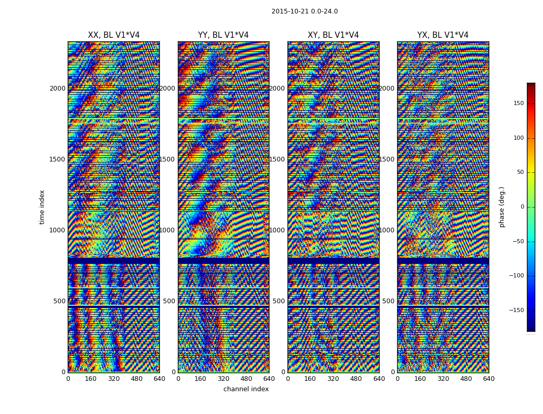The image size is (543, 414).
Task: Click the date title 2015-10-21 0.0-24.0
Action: point(305,11)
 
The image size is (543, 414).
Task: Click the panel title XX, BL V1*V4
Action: point(114,35)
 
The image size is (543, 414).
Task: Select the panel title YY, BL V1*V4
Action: point(223,35)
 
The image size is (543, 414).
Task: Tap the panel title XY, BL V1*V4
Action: point(333,35)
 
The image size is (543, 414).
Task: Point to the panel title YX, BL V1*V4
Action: point(443,35)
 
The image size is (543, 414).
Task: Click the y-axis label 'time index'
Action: point(42,207)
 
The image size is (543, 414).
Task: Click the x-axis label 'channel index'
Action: point(246,389)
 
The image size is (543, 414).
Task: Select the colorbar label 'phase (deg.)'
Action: point(502,207)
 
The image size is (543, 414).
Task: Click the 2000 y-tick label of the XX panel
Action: point(57,88)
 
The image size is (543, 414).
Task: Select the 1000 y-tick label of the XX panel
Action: point(57,230)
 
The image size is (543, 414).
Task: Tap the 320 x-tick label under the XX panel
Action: point(114,379)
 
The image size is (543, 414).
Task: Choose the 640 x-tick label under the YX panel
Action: point(489,379)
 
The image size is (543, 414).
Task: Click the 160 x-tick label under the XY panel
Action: point(310,379)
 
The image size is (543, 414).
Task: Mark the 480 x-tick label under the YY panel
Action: point(246,379)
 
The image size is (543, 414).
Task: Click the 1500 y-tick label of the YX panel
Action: point(387,159)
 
